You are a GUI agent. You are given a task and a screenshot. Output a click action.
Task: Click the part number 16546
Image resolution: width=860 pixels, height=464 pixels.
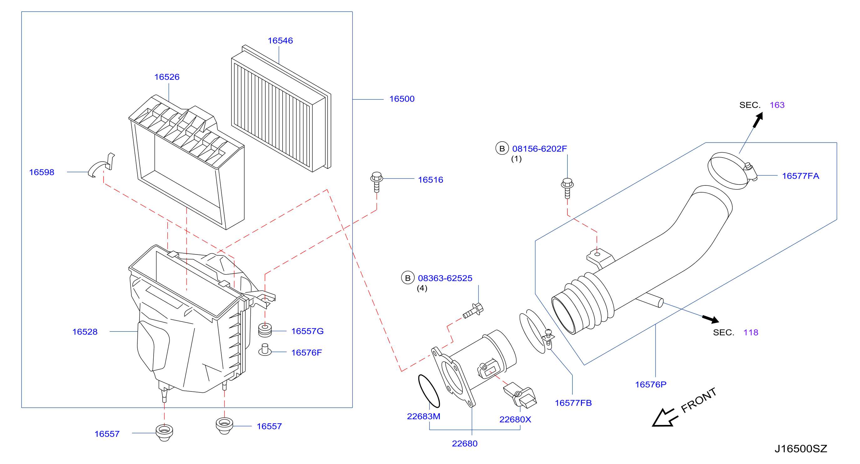tap(280, 41)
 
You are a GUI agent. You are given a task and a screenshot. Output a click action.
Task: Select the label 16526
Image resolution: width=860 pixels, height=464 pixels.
tap(167, 77)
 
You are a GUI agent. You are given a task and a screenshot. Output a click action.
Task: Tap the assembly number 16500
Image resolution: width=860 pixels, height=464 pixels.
tap(402, 99)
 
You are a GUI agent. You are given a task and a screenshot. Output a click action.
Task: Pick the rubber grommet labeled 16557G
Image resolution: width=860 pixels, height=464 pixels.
tap(265, 330)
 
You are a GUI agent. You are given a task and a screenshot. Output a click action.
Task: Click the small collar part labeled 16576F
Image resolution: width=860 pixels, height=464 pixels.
tap(265, 350)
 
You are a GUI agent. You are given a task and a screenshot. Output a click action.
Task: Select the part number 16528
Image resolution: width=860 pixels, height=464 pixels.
tap(85, 332)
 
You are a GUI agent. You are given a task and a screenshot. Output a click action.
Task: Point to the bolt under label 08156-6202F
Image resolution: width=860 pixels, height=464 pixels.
tap(567, 189)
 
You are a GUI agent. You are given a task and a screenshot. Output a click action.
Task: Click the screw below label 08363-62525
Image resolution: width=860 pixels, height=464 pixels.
tap(473, 310)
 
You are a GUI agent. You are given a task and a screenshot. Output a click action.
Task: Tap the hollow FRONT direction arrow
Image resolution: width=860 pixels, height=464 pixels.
tap(665, 417)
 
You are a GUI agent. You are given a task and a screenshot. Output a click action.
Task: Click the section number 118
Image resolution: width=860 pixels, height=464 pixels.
tap(751, 333)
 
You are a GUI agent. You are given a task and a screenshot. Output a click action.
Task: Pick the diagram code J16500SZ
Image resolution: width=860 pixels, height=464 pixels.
tap(801, 449)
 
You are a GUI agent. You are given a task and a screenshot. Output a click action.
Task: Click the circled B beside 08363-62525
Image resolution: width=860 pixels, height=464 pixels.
tap(408, 278)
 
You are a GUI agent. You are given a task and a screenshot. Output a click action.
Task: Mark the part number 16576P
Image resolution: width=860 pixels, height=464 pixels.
tap(651, 385)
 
